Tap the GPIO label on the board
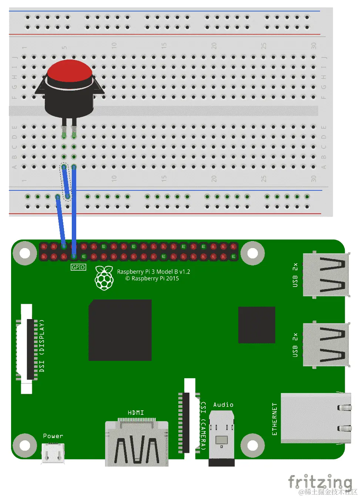tap(78, 267)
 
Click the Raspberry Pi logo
tap(104, 278)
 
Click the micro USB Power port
tap(53, 453)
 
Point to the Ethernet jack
tap(316, 418)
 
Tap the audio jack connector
tap(222, 438)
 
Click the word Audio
tap(223, 405)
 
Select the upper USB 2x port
tap(326, 274)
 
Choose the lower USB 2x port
tap(326, 345)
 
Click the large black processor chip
tap(120, 330)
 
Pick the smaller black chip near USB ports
tap(256, 325)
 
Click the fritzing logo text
tap(320, 482)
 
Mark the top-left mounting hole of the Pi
tap(25, 253)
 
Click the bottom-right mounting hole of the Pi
tap(253, 445)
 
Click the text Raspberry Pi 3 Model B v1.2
tap(154, 272)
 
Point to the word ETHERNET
tap(275, 419)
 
